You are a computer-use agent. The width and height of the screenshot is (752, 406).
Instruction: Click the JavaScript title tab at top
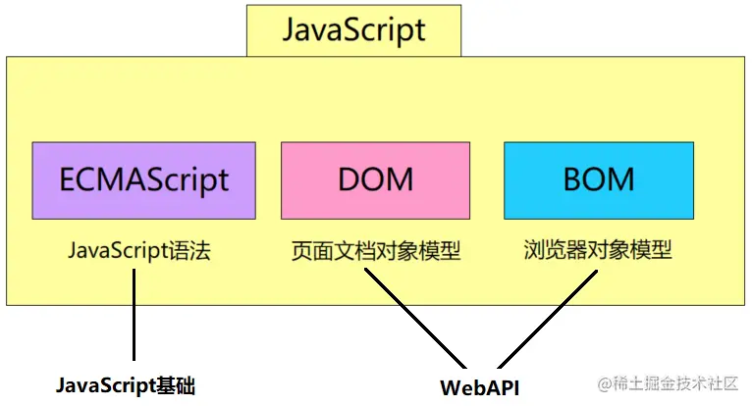point(353,29)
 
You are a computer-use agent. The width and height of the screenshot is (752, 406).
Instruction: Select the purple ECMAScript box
point(143,179)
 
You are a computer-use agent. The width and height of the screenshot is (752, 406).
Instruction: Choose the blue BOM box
point(598,179)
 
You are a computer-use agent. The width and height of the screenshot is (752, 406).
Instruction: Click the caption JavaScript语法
point(139,250)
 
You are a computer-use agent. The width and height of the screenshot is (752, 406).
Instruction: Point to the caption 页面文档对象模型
point(376,251)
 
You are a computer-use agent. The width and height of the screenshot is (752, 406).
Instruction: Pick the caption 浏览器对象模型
point(597,250)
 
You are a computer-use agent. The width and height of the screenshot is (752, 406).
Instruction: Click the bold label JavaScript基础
point(125,385)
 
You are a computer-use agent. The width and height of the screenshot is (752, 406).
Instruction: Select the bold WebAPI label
point(479,385)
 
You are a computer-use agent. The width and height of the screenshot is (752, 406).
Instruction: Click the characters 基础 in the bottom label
point(177,385)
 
